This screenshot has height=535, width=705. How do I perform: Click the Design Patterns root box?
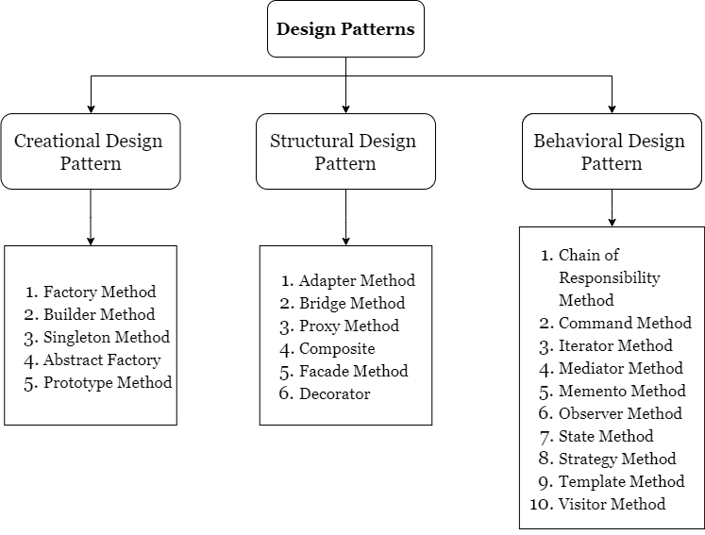click(x=345, y=29)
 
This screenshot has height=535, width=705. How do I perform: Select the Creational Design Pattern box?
click(x=90, y=152)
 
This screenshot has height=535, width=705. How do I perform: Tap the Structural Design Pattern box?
click(x=345, y=152)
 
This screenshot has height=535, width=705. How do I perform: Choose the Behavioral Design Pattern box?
click(x=612, y=152)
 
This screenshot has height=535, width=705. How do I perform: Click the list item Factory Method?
click(x=99, y=293)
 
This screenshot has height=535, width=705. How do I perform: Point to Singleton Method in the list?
click(x=106, y=338)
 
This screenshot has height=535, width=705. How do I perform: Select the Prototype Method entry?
click(x=108, y=383)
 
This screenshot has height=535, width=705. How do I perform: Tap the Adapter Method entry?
click(x=357, y=281)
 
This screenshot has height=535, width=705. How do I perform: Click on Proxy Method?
click(x=348, y=326)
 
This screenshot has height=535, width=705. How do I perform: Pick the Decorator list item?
click(x=334, y=394)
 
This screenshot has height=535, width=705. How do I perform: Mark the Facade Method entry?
click(x=353, y=372)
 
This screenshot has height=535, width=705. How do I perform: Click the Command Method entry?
click(x=625, y=324)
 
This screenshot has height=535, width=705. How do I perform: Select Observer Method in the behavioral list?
click(x=620, y=414)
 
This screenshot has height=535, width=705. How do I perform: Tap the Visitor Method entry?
click(x=612, y=505)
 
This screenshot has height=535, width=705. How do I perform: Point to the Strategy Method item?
click(x=617, y=460)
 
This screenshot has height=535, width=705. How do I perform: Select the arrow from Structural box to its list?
click(x=345, y=217)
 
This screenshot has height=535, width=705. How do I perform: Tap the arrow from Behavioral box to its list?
click(x=612, y=208)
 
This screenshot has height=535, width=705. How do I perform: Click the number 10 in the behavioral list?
click(x=540, y=505)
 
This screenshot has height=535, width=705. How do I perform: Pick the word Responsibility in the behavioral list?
click(x=609, y=278)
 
